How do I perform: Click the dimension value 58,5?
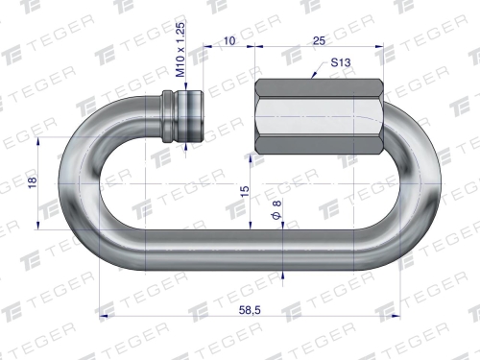click(x=250, y=310)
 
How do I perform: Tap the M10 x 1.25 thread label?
click(x=180, y=50)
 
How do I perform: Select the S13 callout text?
click(x=341, y=62)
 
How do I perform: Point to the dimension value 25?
click(x=319, y=40)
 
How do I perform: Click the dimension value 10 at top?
click(x=229, y=40)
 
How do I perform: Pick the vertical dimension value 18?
click(x=33, y=182)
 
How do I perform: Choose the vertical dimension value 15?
click(x=244, y=191)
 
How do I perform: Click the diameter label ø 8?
click(x=276, y=210)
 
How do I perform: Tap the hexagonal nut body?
click(x=320, y=116)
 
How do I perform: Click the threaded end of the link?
click(x=191, y=116)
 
